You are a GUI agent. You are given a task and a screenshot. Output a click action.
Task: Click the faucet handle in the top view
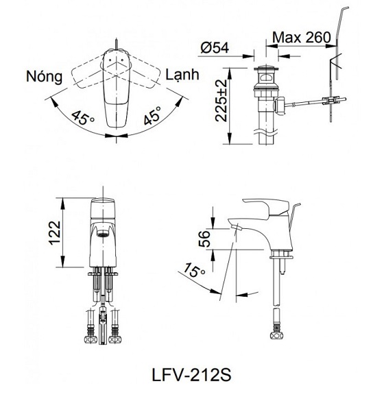117,82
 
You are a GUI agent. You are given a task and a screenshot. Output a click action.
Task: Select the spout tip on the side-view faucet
237,226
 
